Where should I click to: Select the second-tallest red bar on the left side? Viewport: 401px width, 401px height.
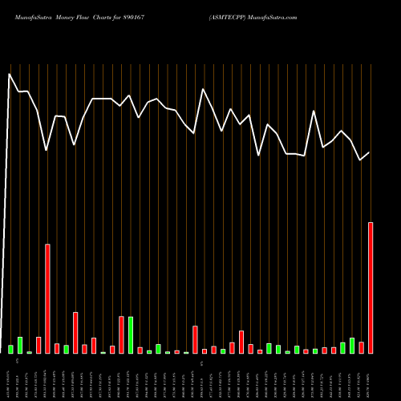47,298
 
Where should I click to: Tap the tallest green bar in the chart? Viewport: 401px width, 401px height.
131,334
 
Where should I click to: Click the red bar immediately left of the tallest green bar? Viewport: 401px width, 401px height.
122,334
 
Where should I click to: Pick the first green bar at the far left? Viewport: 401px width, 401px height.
10,349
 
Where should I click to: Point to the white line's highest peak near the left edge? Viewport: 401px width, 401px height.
10,74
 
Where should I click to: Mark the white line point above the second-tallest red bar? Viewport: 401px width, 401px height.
47,150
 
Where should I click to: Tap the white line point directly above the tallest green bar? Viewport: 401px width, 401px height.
131,95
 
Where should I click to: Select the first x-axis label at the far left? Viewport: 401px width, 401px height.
10,377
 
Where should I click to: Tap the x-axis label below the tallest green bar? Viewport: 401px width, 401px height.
131,377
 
